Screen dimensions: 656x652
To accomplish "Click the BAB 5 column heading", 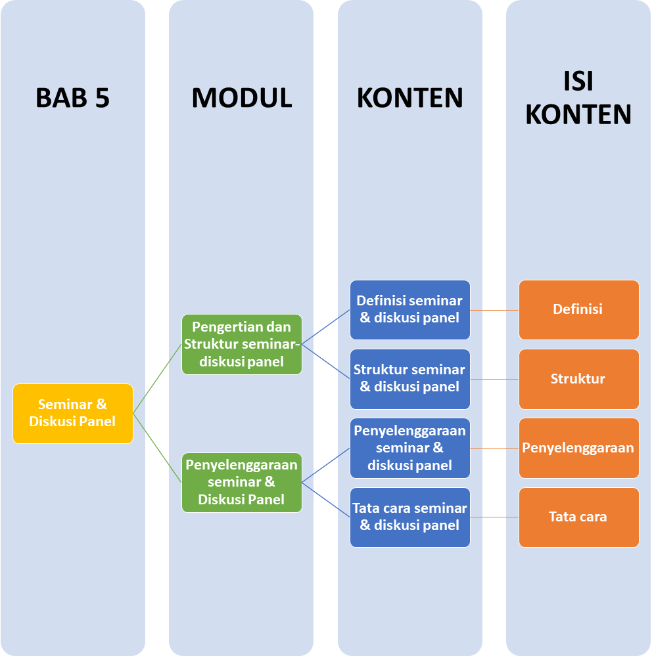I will pos(72,98).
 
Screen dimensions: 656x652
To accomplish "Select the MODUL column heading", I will pos(241,98).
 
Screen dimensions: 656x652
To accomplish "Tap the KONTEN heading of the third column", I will pos(409,98).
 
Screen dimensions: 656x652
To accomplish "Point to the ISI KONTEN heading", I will pos(578,98).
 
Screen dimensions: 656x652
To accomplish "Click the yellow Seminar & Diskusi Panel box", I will pos(73,413).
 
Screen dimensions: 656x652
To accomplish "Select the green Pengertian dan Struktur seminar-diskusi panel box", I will pos(242,344).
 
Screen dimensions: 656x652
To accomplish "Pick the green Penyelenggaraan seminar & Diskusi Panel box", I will pos(242,482).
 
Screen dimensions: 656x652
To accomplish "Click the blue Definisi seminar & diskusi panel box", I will pos(409,309).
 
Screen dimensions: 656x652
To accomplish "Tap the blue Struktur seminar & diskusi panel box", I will pos(409,378).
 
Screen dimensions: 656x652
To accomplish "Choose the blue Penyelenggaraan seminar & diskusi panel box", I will pos(409,448).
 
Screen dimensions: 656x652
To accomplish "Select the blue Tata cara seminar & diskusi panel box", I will pos(409,517).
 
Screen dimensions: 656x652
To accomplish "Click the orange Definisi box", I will pos(578,309).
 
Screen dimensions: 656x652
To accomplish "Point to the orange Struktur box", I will pos(578,379).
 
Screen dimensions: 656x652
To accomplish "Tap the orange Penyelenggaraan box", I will pos(578,448).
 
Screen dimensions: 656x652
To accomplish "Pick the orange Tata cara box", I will pos(578,517).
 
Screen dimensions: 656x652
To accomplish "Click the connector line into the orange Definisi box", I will pos(494,309).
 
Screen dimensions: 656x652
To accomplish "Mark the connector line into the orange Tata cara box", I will pos(494,517).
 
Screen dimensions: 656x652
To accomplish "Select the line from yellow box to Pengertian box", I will pos(158,379).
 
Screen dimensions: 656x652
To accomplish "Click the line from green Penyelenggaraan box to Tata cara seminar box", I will pos(326,500).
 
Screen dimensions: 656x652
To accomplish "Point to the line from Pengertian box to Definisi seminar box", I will pos(326,327).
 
